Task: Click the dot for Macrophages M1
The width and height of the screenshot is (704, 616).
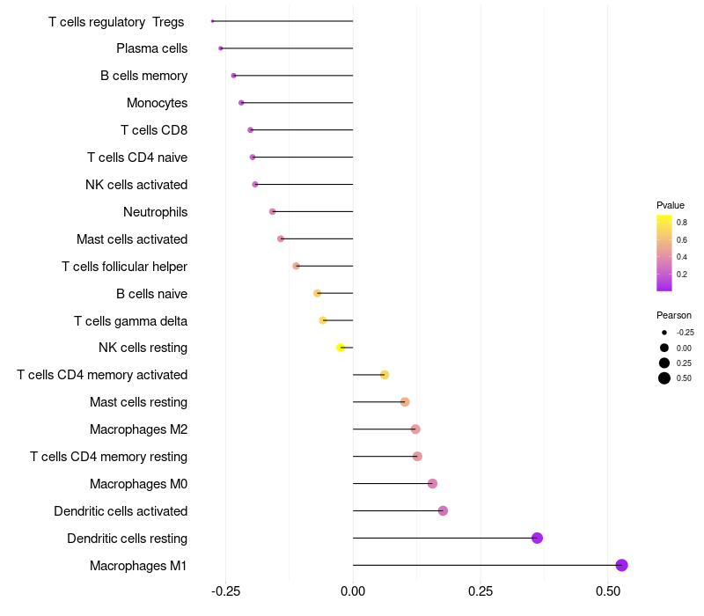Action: (x=621, y=565)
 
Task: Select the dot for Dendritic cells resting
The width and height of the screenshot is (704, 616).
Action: (x=537, y=538)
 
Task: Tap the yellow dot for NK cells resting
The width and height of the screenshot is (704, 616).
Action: (x=341, y=348)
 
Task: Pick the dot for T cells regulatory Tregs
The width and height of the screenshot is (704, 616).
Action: (x=213, y=21)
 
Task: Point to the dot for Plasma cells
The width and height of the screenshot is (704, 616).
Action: (x=221, y=48)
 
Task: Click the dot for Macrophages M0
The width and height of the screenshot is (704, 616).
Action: (x=432, y=483)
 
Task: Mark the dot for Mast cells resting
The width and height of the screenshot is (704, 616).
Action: (x=405, y=402)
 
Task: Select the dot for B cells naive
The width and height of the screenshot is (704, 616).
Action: (x=318, y=293)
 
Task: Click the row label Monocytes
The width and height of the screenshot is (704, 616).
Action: (x=157, y=103)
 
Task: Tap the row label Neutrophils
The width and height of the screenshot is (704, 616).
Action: (x=155, y=212)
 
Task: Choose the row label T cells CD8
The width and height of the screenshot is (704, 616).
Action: (x=154, y=130)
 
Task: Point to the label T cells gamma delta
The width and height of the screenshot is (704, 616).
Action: (x=130, y=321)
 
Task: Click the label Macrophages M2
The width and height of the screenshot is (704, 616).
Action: (x=138, y=429)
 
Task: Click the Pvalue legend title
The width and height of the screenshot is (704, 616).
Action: (x=671, y=205)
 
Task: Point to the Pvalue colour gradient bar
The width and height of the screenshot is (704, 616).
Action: (x=664, y=253)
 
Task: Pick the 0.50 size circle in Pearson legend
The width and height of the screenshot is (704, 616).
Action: (x=664, y=378)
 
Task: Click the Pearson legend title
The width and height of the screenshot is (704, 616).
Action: (x=674, y=315)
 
